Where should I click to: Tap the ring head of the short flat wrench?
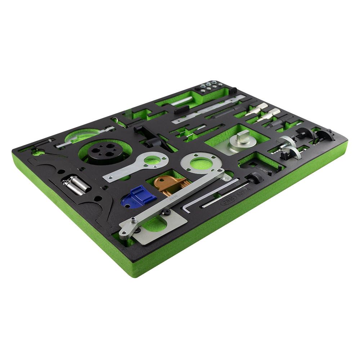click(x=153, y=160)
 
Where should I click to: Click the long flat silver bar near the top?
click(x=207, y=110)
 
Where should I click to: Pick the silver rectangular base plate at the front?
click(x=158, y=230)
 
